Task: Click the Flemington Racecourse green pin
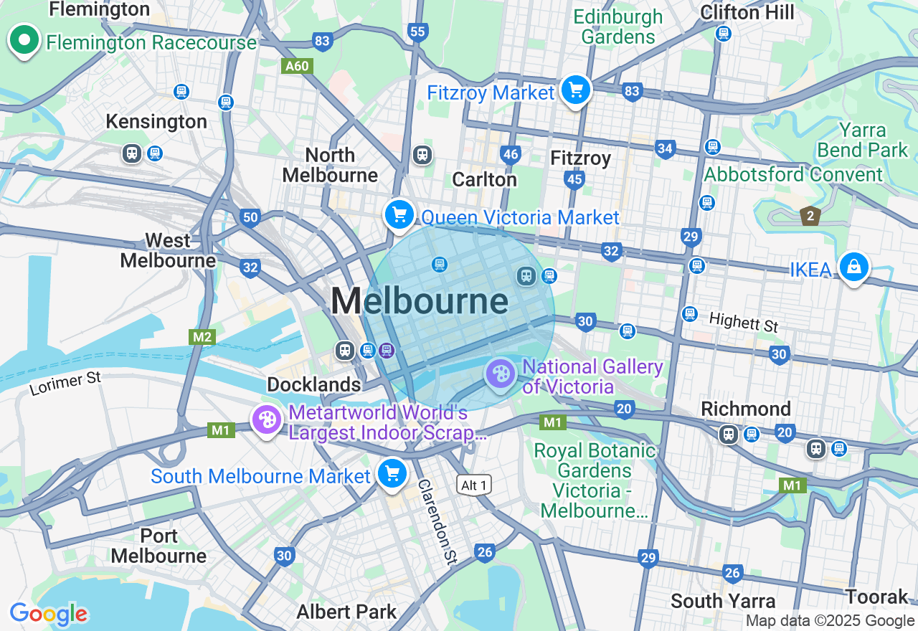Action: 24,40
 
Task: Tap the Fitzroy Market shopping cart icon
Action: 576,90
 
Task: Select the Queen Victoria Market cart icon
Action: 399,214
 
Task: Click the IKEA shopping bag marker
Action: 853,267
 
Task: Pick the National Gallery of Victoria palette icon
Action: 500,374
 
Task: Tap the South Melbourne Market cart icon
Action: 392,473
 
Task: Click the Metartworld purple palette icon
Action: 267,420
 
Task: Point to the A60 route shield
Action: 296,67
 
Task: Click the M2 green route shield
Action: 202,336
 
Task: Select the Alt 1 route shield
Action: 474,485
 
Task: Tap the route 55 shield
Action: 417,32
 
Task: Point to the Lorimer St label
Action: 65,383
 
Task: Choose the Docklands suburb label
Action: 313,384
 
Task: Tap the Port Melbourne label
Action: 158,546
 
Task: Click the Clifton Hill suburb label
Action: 747,12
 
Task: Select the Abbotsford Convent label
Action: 793,174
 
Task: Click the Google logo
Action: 49,614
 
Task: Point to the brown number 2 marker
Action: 810,215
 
